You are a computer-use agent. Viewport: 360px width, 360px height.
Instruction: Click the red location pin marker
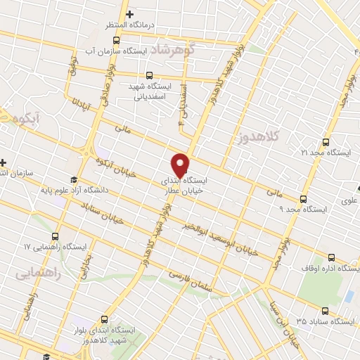click(x=180, y=165)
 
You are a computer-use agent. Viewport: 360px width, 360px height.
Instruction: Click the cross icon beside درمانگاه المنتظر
click(x=129, y=13)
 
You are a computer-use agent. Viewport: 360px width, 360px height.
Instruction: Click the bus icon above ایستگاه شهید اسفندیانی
click(x=149, y=75)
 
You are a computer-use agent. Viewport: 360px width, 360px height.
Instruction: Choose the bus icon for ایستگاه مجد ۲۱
click(x=324, y=141)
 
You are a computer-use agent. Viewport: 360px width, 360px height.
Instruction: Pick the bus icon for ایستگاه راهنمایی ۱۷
click(x=56, y=236)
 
